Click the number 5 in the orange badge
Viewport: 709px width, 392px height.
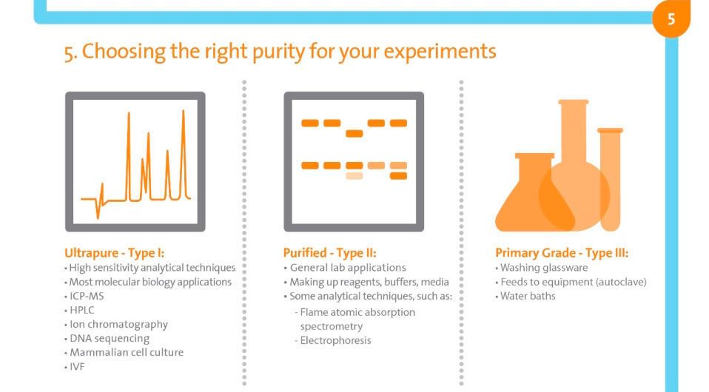pos(671,19)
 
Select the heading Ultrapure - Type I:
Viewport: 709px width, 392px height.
pos(114,253)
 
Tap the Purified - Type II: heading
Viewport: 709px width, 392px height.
pos(329,253)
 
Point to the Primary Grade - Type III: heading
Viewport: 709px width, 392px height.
pos(562,253)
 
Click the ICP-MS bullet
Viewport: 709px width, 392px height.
pos(87,296)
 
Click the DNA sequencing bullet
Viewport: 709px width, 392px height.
pos(110,338)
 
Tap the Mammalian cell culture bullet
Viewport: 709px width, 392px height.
pos(127,352)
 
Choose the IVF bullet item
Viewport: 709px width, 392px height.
pos(77,366)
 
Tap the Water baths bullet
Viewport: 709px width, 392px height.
pos(528,296)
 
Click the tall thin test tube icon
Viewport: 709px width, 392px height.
pos(611,178)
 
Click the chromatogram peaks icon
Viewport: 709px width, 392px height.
pos(135,161)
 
